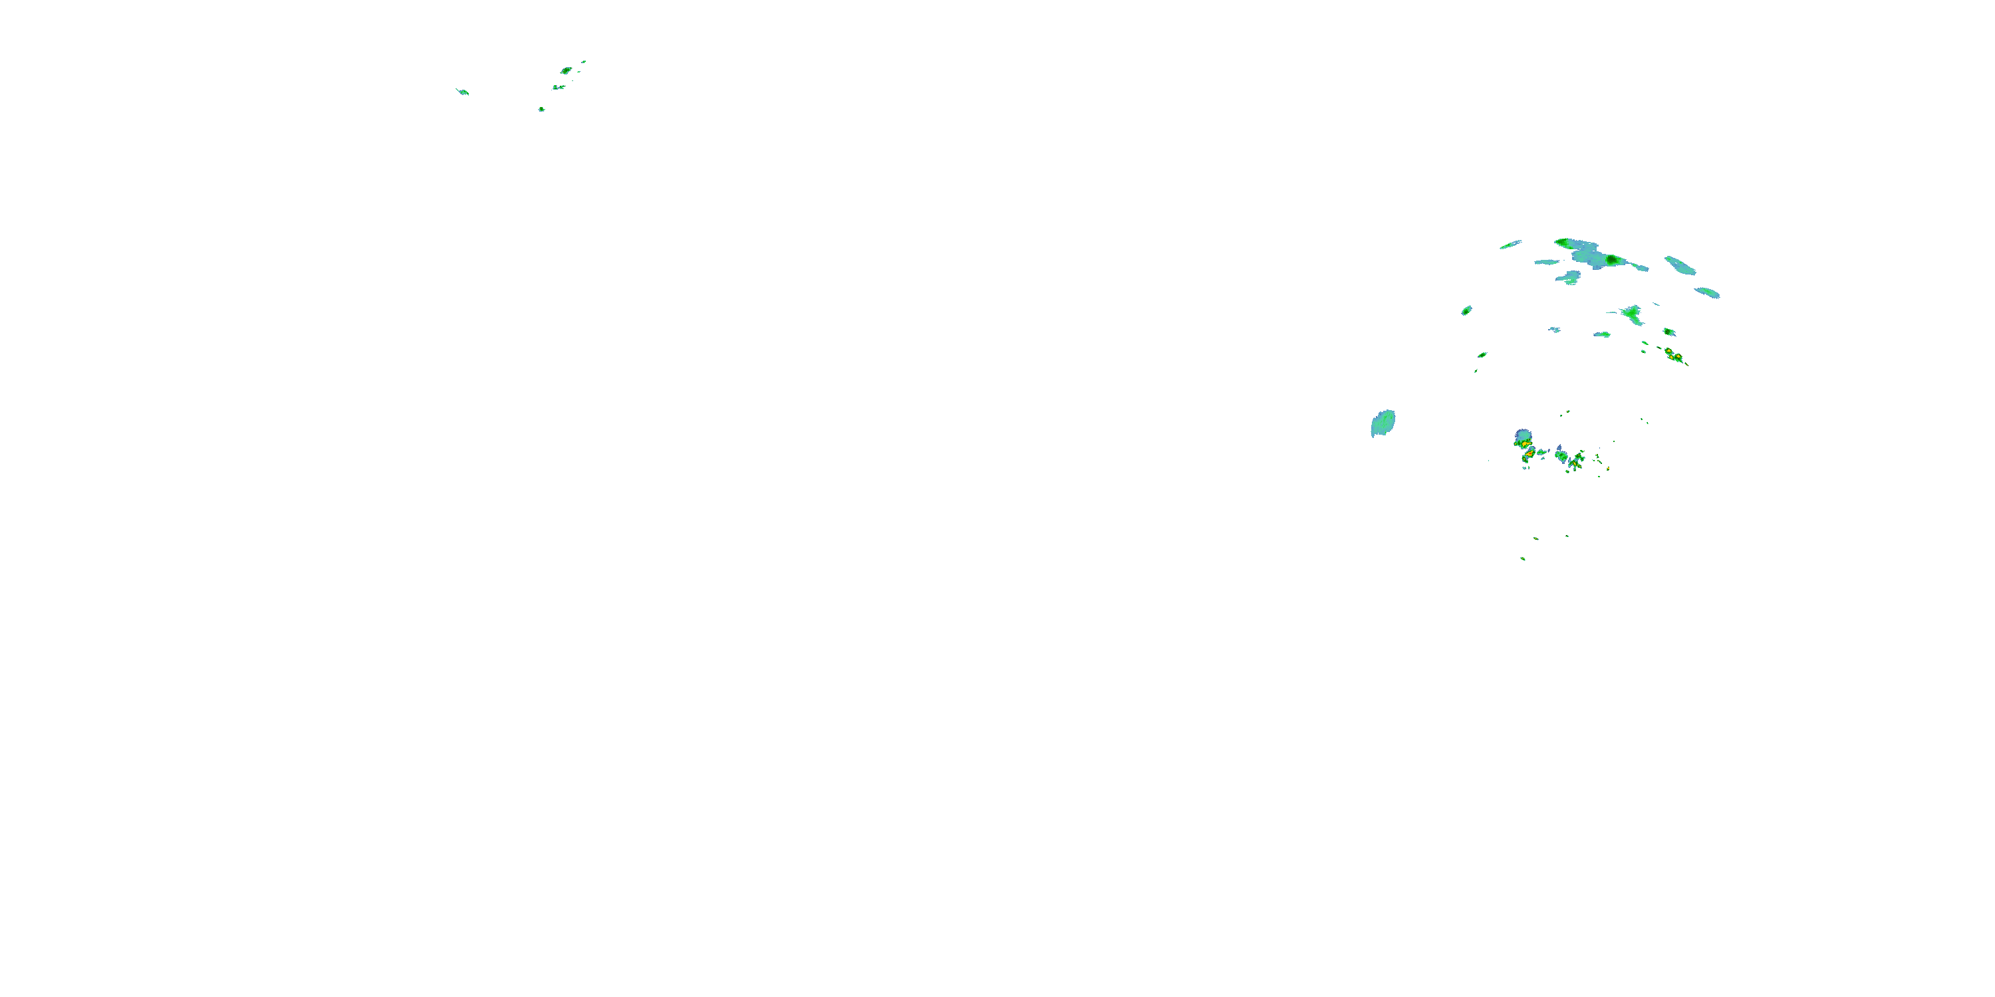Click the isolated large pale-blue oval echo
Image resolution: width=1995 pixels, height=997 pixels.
pos(1383,423)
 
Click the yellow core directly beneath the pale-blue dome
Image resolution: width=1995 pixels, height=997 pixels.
pos(1524,444)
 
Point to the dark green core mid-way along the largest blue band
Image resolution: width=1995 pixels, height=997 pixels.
pos(1613,260)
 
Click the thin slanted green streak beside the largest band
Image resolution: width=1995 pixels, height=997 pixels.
pos(1510,245)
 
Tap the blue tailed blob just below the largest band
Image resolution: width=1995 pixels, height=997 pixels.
pos(1569,277)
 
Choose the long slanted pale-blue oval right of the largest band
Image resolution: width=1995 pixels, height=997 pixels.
pos(1680,265)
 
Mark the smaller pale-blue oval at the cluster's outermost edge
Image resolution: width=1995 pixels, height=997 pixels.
pos(1708,292)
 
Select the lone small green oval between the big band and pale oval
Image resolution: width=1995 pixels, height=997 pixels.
pos(1466,310)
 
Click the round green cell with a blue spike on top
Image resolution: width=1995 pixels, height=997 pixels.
pos(1561,456)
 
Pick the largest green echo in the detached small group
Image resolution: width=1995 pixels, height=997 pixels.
pos(566,70)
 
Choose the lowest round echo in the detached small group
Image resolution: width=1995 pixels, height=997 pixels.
pos(541,109)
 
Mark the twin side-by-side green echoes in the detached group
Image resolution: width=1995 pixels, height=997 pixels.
pos(559,88)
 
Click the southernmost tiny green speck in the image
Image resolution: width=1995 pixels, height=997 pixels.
pos(1523,558)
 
